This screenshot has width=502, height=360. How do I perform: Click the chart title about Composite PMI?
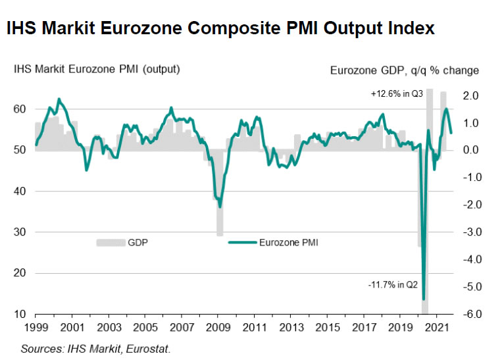[220, 28]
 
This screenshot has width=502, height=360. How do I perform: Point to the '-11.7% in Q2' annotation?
[393, 284]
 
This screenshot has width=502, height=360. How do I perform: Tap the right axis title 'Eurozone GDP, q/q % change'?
[404, 70]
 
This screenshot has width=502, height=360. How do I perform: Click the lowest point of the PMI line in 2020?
[424, 299]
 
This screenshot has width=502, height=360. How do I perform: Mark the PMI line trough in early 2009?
[220, 206]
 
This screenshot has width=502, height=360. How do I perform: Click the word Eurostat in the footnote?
[154, 347]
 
